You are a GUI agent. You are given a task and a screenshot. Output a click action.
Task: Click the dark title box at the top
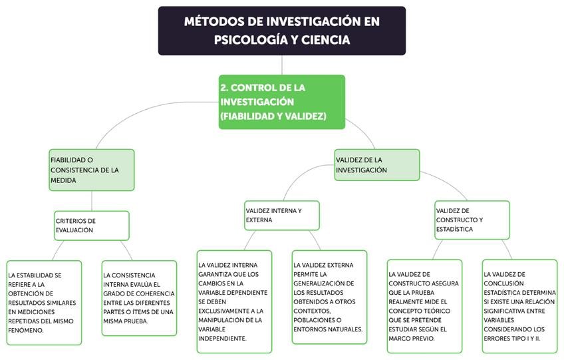[x=281, y=31]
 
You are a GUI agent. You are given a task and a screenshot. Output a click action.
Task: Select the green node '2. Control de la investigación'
[x=281, y=102]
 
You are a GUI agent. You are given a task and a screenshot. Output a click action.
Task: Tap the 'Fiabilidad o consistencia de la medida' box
[x=91, y=170]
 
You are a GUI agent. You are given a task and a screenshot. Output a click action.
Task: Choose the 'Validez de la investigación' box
[x=376, y=164]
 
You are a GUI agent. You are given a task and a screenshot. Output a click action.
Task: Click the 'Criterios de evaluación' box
[x=91, y=226]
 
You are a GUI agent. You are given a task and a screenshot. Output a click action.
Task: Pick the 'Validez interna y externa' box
[x=281, y=216]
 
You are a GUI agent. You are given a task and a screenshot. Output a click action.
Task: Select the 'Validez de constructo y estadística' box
[x=472, y=220]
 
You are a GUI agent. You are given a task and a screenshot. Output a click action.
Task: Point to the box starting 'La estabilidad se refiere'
[x=44, y=303]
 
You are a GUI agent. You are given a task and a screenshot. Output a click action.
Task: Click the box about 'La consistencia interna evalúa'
[x=140, y=297]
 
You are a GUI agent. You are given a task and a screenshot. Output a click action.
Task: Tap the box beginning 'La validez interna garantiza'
[x=234, y=301]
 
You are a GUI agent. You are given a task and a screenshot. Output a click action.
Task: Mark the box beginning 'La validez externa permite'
[x=329, y=297]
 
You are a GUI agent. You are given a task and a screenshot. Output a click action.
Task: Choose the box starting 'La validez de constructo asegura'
[x=424, y=305]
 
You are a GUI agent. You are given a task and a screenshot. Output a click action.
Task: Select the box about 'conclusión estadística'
[x=519, y=305]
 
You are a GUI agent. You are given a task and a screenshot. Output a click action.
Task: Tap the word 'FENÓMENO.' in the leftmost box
[x=29, y=331]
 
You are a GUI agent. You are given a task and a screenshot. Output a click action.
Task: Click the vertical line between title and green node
[x=282, y=65]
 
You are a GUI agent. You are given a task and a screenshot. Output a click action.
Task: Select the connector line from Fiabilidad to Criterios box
[x=92, y=201]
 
